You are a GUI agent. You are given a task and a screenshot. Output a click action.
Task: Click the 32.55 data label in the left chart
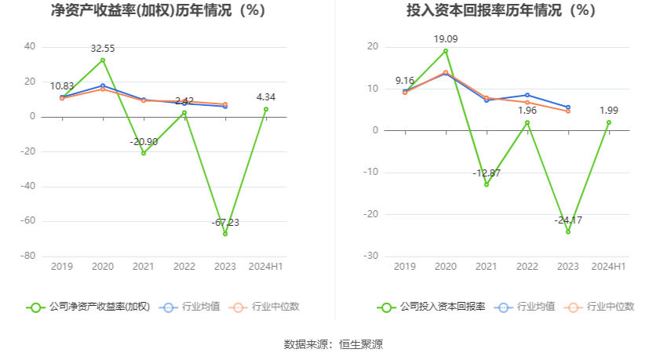[103, 49]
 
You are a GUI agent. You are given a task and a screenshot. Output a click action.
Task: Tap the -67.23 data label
[225, 223]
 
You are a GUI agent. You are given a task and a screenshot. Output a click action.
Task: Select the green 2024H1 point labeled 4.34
[266, 109]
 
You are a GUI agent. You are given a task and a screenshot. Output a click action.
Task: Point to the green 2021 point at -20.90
[144, 153]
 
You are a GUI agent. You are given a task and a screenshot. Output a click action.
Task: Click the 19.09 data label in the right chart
[446, 38]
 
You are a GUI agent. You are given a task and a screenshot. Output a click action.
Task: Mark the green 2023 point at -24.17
[568, 231]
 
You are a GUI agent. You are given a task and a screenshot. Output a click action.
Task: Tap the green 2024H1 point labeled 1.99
[609, 122]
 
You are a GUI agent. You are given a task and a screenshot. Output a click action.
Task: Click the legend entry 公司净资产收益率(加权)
[88, 307]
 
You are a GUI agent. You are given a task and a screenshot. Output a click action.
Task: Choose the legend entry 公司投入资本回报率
[431, 307]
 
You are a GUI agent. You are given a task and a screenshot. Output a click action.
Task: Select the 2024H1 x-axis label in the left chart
[266, 267]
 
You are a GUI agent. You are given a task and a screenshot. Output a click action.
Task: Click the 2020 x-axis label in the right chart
[446, 267]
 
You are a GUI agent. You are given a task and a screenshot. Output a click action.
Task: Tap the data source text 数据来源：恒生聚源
[333, 344]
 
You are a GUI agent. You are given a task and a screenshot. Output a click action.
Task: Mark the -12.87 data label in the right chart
[487, 173]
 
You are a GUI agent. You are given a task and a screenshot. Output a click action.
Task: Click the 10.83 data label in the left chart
[62, 86]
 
